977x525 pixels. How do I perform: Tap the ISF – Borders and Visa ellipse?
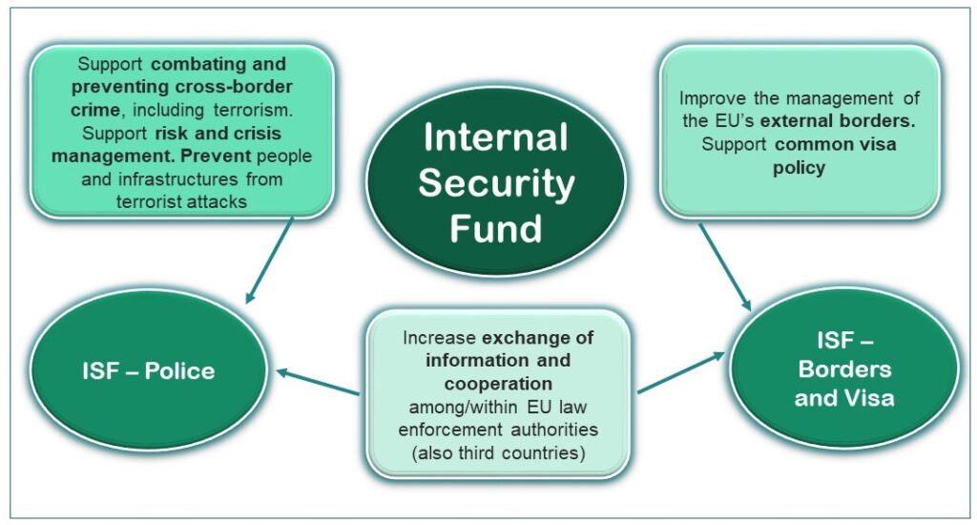844,369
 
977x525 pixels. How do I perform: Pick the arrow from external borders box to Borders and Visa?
725,266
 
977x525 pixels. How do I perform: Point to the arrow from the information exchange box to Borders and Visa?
680,374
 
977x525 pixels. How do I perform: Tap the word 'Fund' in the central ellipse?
495,228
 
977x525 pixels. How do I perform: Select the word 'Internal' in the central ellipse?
495,138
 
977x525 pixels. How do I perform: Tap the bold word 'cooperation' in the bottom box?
499,383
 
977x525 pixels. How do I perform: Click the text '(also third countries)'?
498,452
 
